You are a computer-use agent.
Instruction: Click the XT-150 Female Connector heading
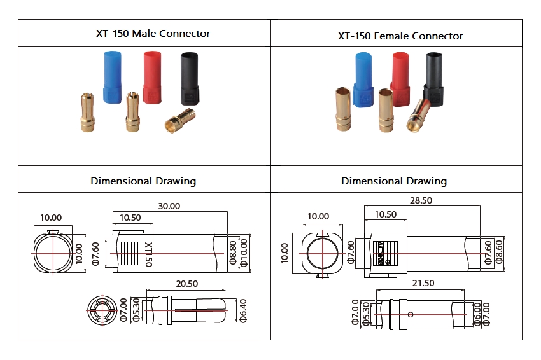coord(400,36)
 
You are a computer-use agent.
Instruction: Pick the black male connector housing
coord(191,79)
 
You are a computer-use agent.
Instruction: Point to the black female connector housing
coord(436,78)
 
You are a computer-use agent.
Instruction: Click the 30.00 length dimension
coord(169,206)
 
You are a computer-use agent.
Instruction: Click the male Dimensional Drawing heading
coord(143,181)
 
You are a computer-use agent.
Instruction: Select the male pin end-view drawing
coord(101,310)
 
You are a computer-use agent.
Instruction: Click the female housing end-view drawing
coord(318,253)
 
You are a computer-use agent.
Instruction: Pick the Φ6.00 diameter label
coord(479,313)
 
